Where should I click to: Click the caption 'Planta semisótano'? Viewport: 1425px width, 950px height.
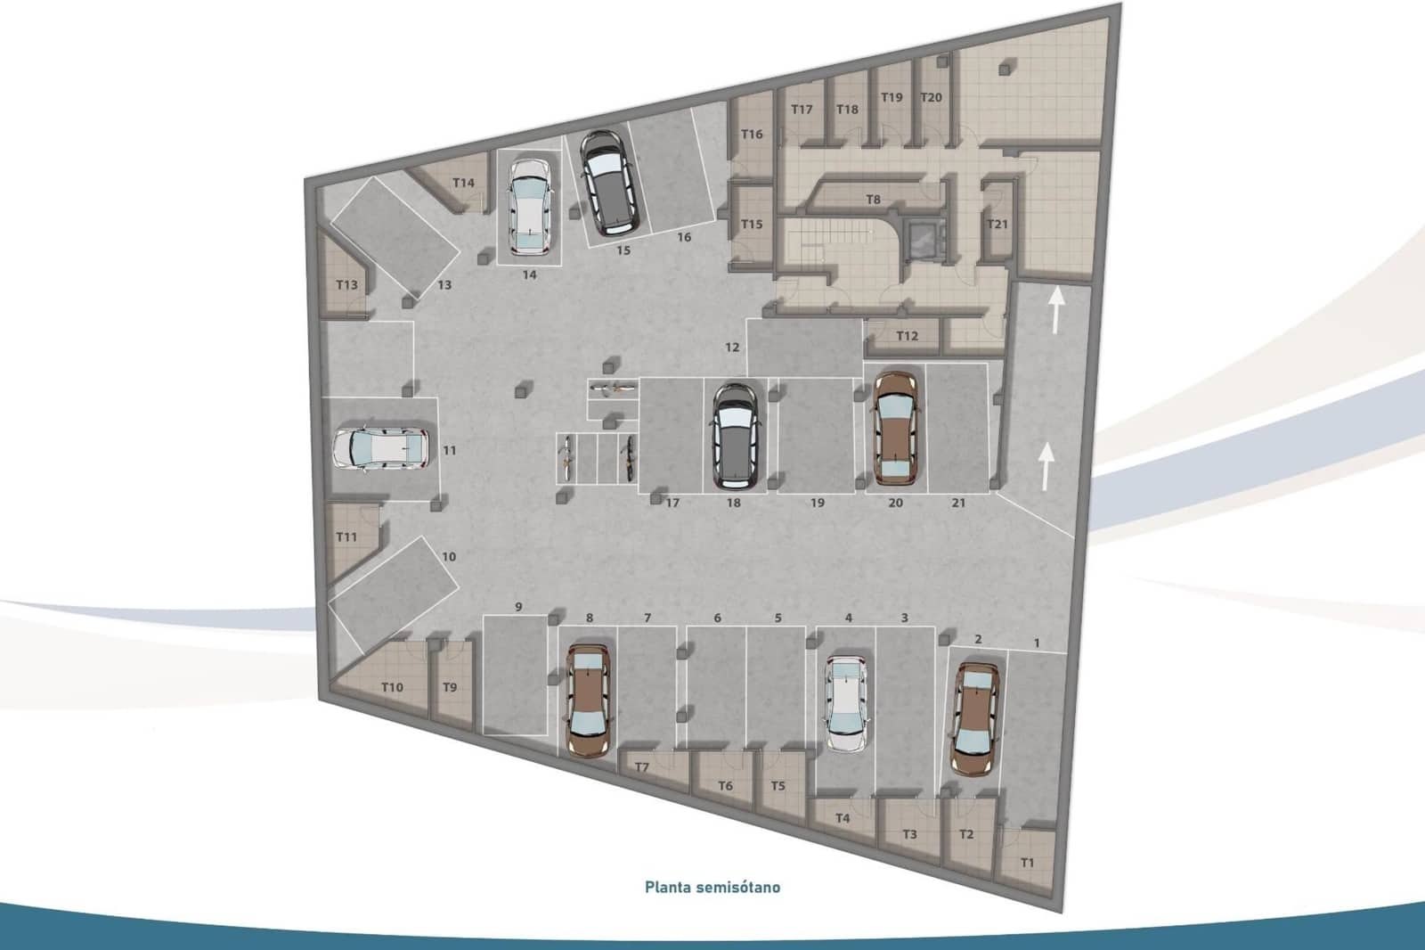point(712,887)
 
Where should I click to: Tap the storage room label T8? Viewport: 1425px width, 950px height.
point(873,200)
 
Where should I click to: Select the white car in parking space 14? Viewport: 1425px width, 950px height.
point(531,206)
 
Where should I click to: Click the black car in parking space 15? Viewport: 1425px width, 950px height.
point(608,183)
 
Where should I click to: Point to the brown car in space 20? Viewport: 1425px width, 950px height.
point(895,429)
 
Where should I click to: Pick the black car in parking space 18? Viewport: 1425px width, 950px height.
point(734,436)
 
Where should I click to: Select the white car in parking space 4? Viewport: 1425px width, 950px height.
point(846,704)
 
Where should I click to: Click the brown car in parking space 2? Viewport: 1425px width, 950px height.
point(974,718)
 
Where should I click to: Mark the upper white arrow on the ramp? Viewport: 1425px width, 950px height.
point(1056,311)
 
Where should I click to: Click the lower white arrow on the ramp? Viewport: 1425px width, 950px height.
point(1046,466)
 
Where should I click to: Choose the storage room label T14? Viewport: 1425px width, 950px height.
point(463,183)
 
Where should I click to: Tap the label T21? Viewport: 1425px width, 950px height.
point(997,224)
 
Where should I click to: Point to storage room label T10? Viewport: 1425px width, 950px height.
point(392,687)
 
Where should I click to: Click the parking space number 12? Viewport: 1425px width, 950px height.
point(732,347)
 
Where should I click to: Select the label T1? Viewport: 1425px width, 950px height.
point(1028,862)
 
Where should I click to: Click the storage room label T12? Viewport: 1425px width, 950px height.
point(907,336)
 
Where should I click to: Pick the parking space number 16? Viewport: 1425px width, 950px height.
point(684,237)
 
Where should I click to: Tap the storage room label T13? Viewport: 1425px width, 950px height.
point(346,285)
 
